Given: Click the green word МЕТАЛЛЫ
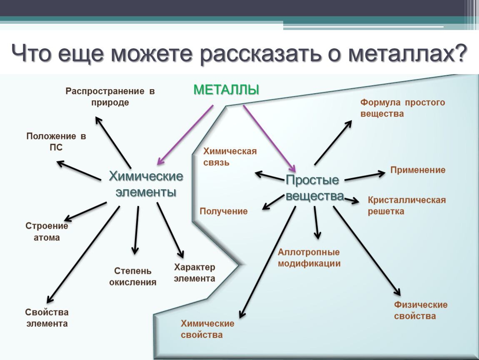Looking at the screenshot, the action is click(226, 90).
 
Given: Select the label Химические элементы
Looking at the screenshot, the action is click(146, 184).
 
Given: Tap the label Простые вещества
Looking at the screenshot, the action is click(314, 187).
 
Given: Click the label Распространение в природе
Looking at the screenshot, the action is click(110, 97).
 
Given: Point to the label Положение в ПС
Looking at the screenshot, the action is click(56, 142).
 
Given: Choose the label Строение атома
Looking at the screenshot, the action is click(47, 232).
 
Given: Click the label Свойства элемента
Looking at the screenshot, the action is click(47, 318).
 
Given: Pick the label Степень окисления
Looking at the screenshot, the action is click(133, 277).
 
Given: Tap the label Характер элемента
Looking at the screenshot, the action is click(195, 273).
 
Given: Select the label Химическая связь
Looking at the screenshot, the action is click(230, 157).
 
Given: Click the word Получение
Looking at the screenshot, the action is click(224, 211).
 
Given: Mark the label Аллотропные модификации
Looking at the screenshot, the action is click(309, 257).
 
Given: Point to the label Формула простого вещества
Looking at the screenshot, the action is click(403, 108).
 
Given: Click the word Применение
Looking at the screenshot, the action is click(418, 170).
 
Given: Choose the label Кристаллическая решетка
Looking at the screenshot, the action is click(407, 205).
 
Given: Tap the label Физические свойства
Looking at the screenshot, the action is click(421, 310).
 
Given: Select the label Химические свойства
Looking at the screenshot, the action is click(207, 329).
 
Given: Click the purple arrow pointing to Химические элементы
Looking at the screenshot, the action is click(185, 135).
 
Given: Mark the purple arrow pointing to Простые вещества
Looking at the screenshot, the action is click(269, 138).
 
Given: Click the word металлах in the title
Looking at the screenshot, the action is click(408, 53).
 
